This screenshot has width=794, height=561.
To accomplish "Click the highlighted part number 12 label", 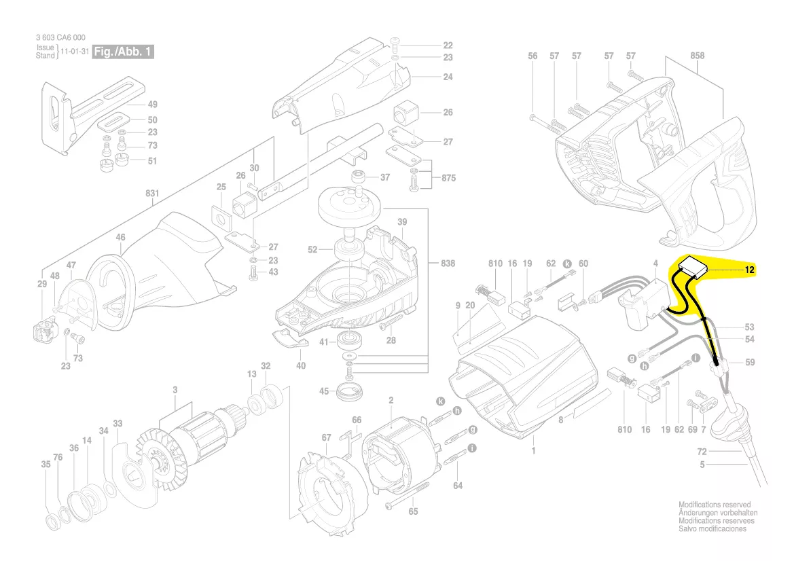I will [749, 270].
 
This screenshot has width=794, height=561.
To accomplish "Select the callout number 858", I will [697, 56].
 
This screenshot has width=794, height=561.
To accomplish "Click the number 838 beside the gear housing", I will [448, 263].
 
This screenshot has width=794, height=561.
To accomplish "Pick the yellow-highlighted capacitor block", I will [694, 268].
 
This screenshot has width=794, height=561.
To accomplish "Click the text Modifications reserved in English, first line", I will [715, 505].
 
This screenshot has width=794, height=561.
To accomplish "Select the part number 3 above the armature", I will [175, 389].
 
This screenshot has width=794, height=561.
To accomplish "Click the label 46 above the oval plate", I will [120, 238].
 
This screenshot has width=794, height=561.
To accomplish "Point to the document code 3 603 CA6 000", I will [60, 38].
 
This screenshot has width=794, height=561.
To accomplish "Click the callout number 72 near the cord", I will [702, 451].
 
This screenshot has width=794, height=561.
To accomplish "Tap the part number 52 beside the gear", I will [312, 250].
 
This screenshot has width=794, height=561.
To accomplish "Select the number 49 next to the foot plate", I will [152, 105].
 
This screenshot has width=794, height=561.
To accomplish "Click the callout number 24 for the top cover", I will [448, 77].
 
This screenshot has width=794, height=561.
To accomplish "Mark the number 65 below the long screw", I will [413, 512].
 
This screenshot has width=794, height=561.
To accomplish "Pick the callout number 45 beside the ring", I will [324, 391].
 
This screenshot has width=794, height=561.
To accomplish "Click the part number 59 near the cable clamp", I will [749, 363].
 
